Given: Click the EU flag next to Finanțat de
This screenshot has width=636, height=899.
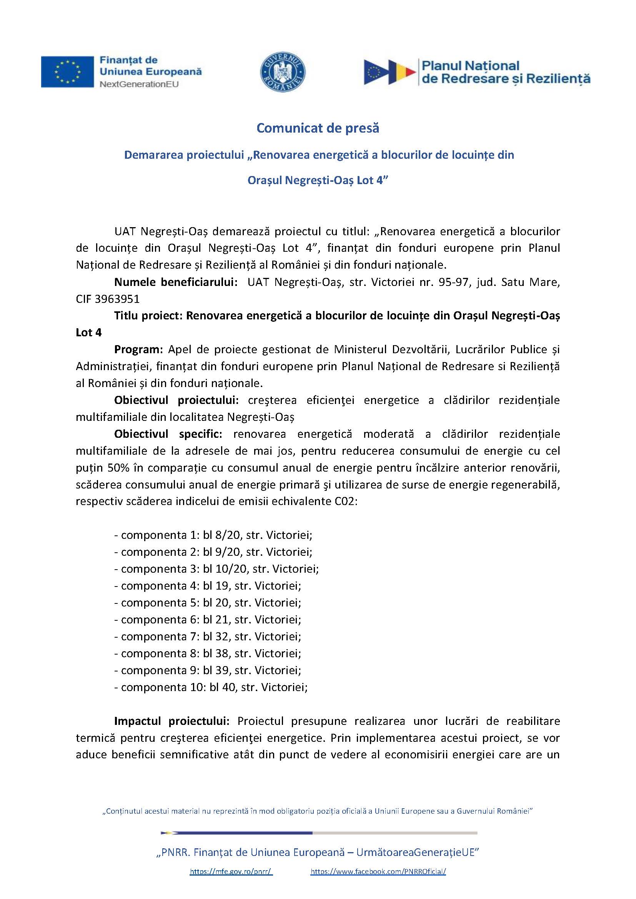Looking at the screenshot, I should [x=67, y=71].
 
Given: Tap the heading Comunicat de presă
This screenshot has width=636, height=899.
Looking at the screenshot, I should [x=318, y=128].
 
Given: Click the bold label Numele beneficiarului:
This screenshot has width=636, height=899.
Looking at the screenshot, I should [x=176, y=282].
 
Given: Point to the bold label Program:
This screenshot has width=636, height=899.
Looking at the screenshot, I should [x=139, y=349].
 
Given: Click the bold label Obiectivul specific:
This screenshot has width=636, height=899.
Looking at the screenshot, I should [x=168, y=434].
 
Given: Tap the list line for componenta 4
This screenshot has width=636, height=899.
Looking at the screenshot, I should [x=208, y=586].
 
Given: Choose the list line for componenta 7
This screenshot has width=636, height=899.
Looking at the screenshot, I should [x=208, y=636].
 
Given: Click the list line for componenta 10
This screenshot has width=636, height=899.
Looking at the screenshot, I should [x=211, y=687].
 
